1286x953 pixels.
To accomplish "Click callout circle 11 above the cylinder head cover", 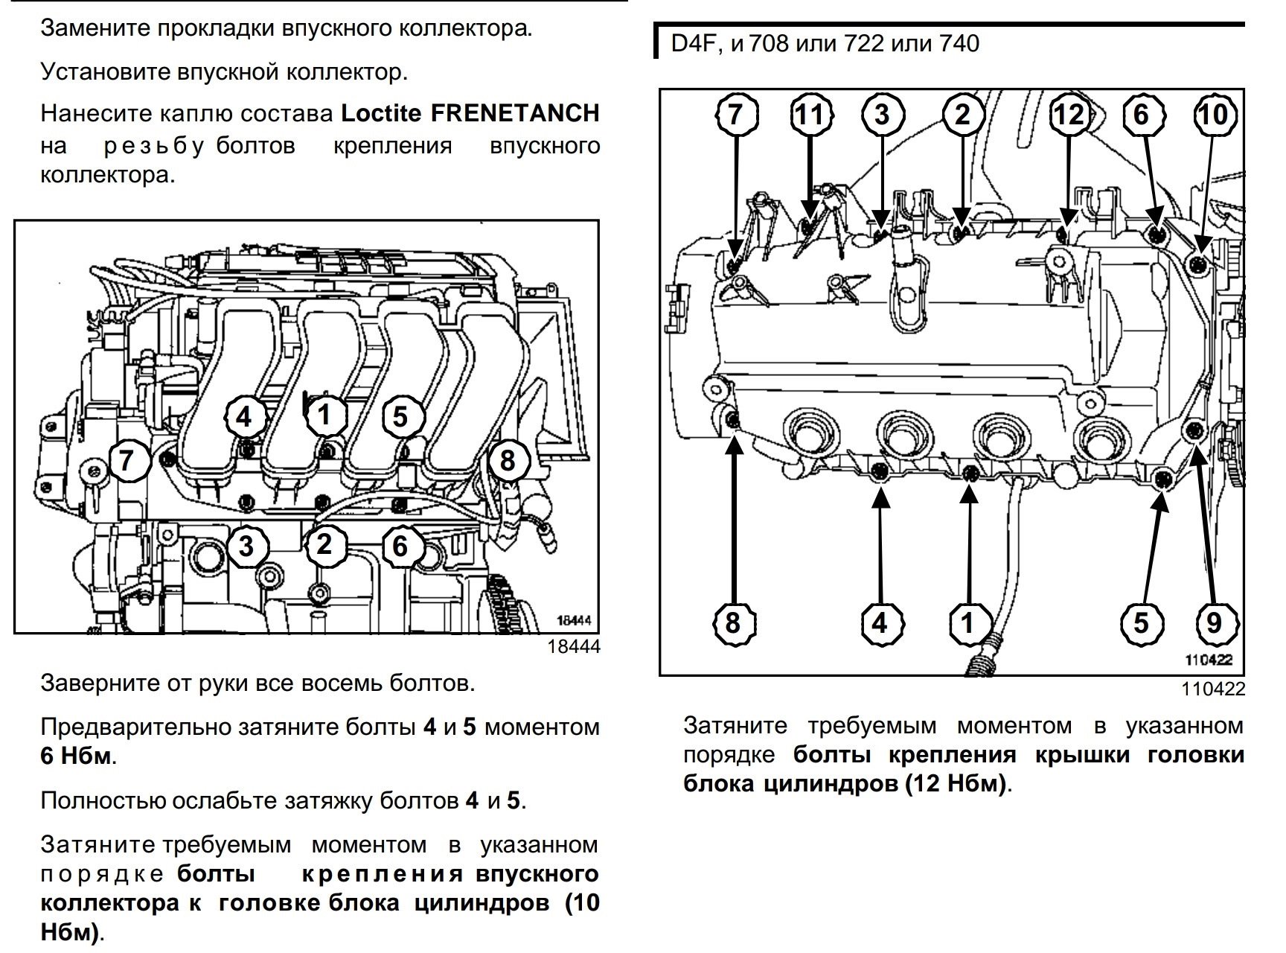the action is pos(810,115).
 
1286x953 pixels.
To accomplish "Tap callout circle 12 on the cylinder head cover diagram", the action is pos(1069,115).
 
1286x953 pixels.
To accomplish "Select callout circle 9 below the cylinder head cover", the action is pos(1214,622).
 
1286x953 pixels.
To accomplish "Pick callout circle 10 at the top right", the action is pos(1214,115).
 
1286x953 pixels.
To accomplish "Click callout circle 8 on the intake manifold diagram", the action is pos(507,461).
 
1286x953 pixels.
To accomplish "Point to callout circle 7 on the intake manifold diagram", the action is pos(127,461).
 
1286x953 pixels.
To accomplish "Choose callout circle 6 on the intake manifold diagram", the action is pos(400,546).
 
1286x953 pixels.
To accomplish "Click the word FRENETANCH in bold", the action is pos(515,113).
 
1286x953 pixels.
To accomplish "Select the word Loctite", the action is pos(382,113).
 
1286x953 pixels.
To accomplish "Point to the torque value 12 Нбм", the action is pos(956,784).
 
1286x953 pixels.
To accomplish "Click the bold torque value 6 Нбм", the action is pos(77,756).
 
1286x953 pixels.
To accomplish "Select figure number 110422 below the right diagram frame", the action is pos(1213,689).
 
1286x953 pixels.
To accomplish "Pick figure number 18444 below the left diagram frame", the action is pos(574,647).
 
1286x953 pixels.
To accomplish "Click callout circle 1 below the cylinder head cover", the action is pos(967,622).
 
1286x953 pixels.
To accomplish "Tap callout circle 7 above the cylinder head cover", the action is pos(735,115).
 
